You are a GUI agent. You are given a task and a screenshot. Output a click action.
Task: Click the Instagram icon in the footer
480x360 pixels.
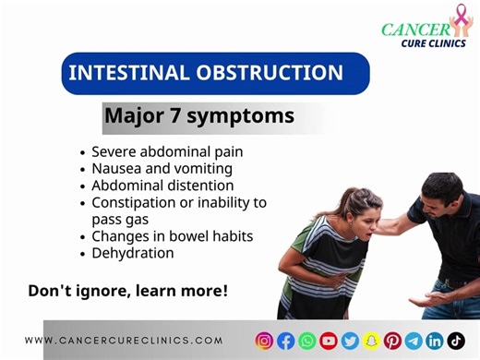(265, 340)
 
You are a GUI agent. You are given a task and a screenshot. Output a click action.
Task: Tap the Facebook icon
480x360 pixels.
(286, 340)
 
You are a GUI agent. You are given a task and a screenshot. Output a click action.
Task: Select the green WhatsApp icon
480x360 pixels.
(307, 340)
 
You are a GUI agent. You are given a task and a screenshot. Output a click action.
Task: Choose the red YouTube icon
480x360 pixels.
(329, 340)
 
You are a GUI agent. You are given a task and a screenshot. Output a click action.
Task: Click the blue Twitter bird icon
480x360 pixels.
(350, 340)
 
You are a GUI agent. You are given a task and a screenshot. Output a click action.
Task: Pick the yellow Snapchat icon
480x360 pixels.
(371, 340)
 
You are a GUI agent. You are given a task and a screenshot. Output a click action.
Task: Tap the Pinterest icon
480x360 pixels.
(392, 340)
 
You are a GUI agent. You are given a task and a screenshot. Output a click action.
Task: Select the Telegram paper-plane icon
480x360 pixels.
(414, 340)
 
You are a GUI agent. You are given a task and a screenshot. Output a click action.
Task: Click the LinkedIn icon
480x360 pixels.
(435, 340)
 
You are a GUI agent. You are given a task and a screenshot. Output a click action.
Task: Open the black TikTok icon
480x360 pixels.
(456, 340)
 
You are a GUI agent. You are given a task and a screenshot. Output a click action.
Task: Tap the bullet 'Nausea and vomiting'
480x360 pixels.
(162, 168)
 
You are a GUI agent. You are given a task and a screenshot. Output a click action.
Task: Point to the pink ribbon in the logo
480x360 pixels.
(459, 19)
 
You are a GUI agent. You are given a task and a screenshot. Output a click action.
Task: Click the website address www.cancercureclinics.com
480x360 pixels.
(124, 340)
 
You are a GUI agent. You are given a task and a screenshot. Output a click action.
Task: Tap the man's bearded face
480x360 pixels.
(433, 198)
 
